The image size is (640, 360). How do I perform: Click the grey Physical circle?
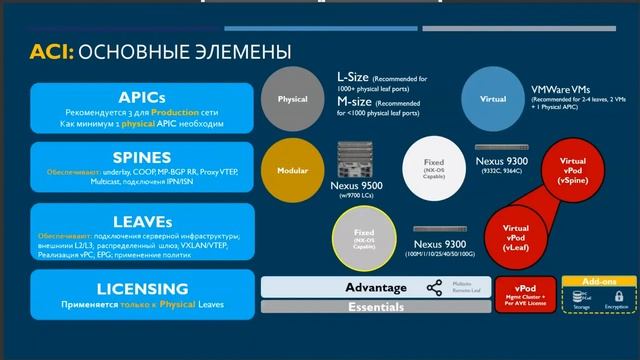pyautogui.click(x=292, y=100)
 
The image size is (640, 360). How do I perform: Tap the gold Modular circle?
pyautogui.click(x=292, y=170)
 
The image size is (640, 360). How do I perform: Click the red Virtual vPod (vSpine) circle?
pyautogui.click(x=573, y=173)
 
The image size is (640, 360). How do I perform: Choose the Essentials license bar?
pyautogui.click(x=375, y=308)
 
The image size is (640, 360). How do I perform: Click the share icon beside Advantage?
pyautogui.click(x=434, y=288)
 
